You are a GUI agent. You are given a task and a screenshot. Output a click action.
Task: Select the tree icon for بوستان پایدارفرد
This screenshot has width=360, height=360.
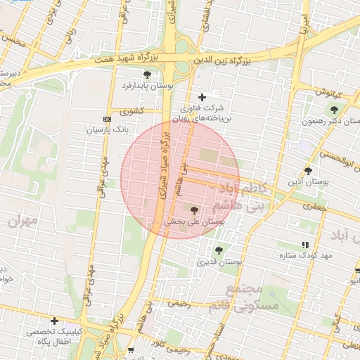coord(147,75)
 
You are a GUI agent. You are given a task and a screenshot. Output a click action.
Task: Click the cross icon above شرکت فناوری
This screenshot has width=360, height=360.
coord(202,97)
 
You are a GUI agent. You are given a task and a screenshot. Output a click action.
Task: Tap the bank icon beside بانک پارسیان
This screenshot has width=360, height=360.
coord(106,119)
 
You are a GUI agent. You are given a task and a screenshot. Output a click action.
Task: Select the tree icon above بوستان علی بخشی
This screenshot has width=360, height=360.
coord(194,210)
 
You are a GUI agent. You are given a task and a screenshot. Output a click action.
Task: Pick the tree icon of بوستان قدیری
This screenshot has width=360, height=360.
coord(219,250)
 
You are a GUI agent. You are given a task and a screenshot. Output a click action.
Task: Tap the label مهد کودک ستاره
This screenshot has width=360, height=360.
coord(309,255)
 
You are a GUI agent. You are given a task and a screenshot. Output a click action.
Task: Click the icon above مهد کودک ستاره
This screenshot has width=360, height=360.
coord(304,245)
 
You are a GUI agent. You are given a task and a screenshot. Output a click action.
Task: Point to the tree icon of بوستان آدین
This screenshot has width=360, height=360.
coord(308,171)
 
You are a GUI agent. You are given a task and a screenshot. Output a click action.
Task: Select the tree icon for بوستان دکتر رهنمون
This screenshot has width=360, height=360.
coord(333,110)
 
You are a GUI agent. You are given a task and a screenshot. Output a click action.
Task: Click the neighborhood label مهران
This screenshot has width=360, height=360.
coord(22,220)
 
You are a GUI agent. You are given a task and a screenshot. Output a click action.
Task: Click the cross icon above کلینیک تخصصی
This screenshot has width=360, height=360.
coord(54,321)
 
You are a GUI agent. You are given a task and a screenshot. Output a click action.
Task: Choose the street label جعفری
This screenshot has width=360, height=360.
coord(311,207)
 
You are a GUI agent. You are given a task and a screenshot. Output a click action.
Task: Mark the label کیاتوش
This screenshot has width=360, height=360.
coord(327,92)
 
